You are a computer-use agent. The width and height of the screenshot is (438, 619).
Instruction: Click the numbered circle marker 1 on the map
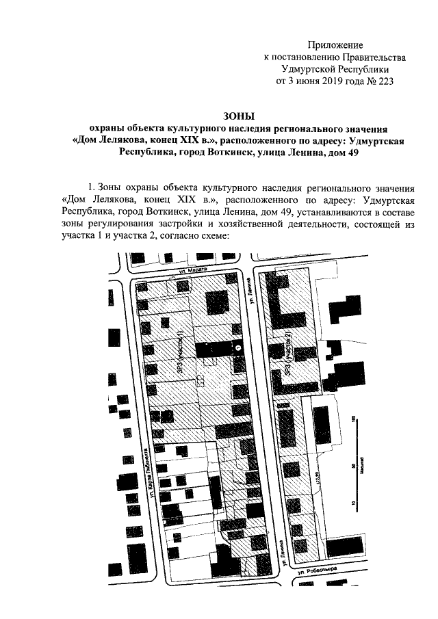click(x=238, y=349)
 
